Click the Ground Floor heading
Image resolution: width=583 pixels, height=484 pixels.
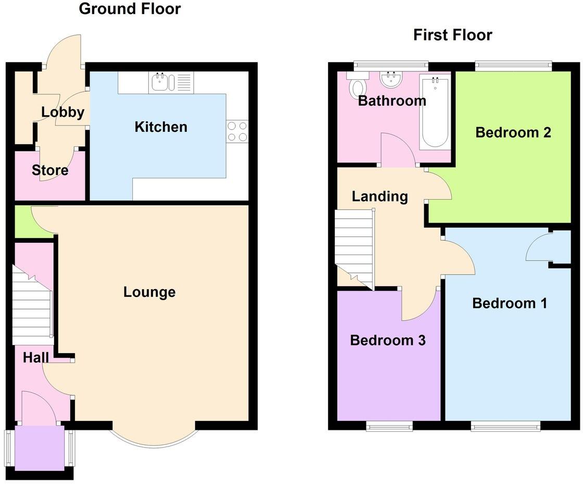pyautogui.click(x=130, y=9)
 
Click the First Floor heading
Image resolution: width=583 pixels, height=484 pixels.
pyautogui.click(x=452, y=35)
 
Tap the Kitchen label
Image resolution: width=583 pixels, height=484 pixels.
pyautogui.click(x=161, y=127)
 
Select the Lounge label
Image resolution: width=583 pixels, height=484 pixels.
pyautogui.click(x=149, y=292)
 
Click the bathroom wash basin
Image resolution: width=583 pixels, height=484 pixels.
pyautogui.click(x=390, y=80)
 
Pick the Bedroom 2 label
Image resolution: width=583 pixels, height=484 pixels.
pyautogui.click(x=513, y=132)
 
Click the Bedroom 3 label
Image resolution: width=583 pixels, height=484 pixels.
pyautogui.click(x=388, y=340)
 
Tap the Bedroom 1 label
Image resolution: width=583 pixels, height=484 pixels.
pyautogui.click(x=509, y=303)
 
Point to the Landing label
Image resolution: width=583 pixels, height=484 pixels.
pyautogui.click(x=379, y=196)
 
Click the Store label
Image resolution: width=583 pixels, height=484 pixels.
pyautogui.click(x=50, y=170)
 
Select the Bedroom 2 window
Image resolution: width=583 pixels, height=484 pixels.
pyautogui.click(x=513, y=65)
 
